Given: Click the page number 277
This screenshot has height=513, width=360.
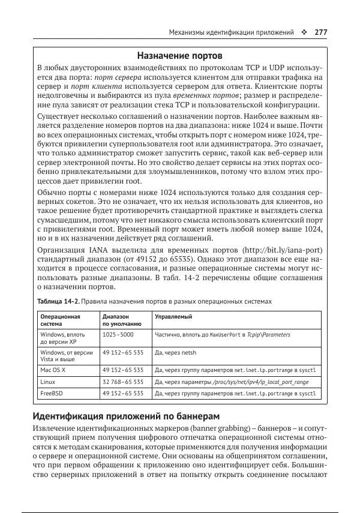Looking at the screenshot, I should pos(320,32).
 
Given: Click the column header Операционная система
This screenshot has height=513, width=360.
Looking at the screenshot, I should pos(60,319).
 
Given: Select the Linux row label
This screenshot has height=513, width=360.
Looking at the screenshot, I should pos(48,382).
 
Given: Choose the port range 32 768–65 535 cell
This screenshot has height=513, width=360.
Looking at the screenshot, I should pos(123,382).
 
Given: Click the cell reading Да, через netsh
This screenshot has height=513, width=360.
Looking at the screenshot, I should pos(175,352).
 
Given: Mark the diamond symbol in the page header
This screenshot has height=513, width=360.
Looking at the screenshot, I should pos(305,32).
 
